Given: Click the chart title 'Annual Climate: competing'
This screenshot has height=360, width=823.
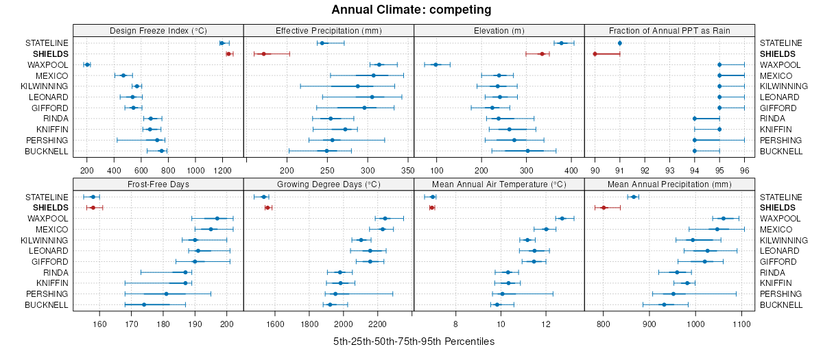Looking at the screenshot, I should point(411,10).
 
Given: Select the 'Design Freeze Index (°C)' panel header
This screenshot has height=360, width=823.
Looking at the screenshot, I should point(158,30).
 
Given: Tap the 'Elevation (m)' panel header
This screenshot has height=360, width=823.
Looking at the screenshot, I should point(499,30).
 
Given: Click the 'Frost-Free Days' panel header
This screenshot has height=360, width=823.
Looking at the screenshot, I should point(158,184).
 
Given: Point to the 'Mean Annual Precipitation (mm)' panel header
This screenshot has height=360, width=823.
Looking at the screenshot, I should point(669,184).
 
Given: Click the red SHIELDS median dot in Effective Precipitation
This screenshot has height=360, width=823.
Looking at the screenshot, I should point(263,53).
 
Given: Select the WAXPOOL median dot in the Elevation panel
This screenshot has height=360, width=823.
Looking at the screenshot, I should point(436,64).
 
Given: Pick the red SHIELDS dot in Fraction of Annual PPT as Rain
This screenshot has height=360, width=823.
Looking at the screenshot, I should point(595,53).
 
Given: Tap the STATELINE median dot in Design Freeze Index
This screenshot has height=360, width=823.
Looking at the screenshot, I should point(222,43).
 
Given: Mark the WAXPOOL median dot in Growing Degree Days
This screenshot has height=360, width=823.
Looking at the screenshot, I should point(385,218).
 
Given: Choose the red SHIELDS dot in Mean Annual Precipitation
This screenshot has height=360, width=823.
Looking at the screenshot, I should point(604,207).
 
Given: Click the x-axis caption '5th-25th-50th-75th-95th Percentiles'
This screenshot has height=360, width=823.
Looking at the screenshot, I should point(414,341).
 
